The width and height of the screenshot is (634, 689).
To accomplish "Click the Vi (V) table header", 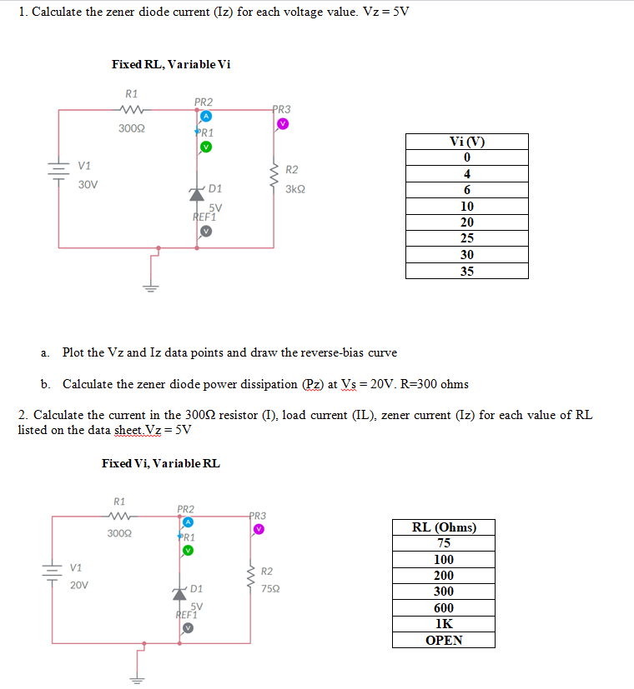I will click(466, 142).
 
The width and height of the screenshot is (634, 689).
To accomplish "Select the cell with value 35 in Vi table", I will click(466, 271).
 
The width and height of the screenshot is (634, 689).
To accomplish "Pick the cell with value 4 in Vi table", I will click(466, 174).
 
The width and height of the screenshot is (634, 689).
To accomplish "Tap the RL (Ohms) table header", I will click(444, 527).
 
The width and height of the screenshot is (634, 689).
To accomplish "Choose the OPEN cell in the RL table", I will click(444, 640).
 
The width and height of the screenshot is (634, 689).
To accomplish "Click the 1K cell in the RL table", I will click(444, 624).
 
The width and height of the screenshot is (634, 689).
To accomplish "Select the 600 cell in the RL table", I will click(444, 608).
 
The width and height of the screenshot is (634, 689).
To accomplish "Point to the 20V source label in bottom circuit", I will click(79, 586).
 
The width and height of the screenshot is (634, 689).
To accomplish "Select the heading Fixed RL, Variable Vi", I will click(171, 64).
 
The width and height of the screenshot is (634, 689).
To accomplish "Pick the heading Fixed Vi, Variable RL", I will click(161, 463).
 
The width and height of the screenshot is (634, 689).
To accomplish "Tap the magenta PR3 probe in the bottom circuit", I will click(259, 529).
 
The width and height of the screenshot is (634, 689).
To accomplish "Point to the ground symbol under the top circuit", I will click(151, 287).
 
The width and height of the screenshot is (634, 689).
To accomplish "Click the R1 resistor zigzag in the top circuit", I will click(131, 109).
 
